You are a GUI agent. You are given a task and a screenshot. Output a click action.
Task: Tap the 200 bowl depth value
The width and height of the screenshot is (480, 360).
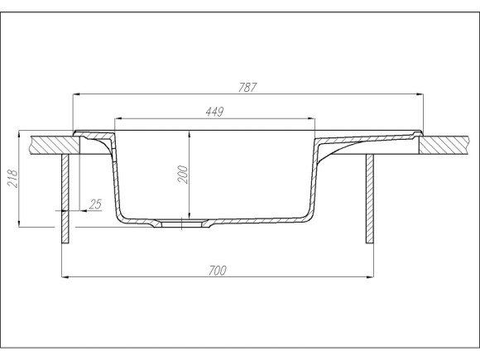point(184,174)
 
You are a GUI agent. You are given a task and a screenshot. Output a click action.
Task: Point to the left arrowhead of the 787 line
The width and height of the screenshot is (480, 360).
point(77,94)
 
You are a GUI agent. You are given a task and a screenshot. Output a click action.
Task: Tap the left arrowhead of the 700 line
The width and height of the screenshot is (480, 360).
point(66,276)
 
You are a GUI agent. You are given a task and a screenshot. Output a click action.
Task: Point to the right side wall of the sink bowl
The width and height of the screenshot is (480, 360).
point(313,178)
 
